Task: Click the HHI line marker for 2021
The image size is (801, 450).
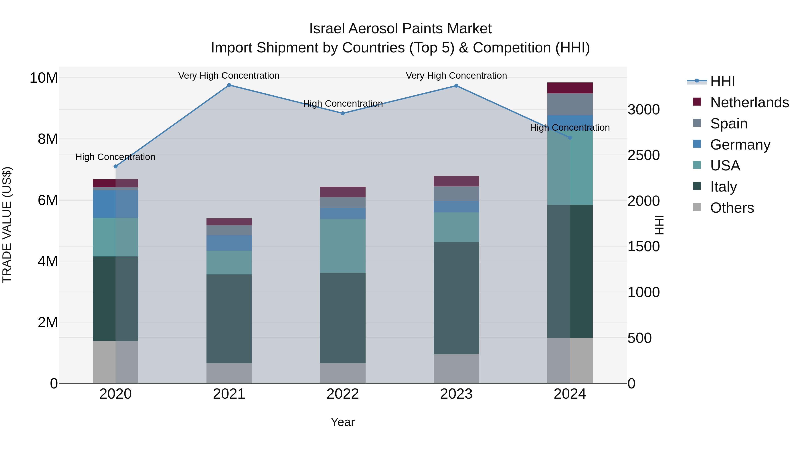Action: [229, 85]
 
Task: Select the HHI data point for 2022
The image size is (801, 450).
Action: [343, 113]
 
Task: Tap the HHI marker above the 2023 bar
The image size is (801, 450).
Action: [456, 86]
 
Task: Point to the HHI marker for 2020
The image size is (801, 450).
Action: [115, 166]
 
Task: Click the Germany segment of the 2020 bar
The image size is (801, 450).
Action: [115, 204]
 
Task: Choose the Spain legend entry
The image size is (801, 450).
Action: [728, 124]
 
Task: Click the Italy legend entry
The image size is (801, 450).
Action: [723, 187]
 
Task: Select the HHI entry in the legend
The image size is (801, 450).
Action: [722, 81]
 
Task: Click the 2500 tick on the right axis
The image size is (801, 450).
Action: [643, 155]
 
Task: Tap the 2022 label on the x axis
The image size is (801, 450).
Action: [343, 394]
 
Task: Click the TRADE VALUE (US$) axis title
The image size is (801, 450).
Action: [7, 225]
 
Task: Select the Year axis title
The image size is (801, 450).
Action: [343, 422]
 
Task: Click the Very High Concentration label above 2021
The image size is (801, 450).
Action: [229, 76]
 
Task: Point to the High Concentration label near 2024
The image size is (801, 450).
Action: [570, 128]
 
